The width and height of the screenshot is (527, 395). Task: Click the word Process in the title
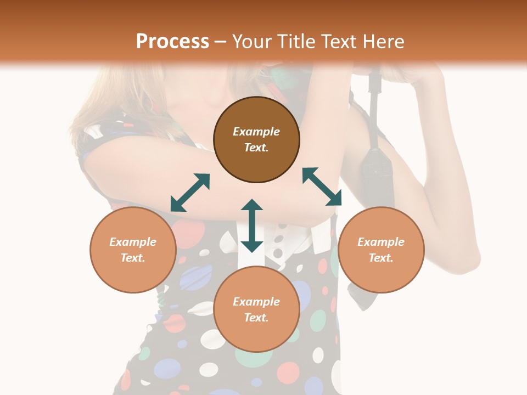[172, 42]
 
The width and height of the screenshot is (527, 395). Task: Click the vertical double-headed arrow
[252, 225]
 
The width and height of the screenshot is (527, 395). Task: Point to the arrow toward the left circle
[190, 193]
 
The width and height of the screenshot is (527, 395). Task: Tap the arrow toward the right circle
[322, 187]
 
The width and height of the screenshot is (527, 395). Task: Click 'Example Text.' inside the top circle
[256, 139]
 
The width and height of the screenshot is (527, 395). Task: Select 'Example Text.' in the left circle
[133, 250]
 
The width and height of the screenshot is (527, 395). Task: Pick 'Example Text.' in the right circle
[381, 250]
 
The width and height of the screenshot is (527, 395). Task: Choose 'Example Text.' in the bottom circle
[256, 309]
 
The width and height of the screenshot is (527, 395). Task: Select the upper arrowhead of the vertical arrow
[252, 205]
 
